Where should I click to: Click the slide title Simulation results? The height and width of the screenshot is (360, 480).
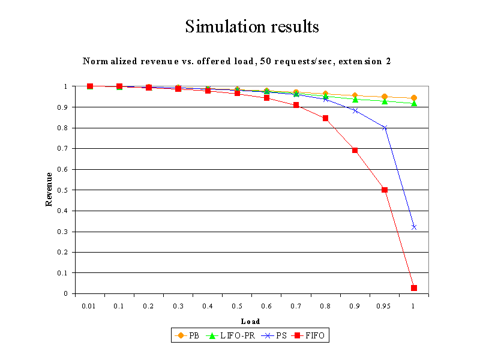(251, 27)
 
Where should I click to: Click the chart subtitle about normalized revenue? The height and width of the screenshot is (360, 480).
(237, 61)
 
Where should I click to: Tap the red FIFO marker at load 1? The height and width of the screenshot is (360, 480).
(414, 288)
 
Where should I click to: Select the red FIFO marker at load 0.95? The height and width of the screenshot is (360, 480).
(385, 190)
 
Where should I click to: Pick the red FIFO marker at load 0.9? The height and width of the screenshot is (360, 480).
(355, 150)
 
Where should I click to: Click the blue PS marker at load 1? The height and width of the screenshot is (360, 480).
(414, 227)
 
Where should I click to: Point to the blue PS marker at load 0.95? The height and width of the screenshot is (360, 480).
(385, 128)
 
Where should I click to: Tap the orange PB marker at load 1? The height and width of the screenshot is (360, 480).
(414, 98)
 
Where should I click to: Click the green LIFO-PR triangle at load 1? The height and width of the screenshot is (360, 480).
(414, 103)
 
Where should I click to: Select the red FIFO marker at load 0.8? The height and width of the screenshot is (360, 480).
(326, 118)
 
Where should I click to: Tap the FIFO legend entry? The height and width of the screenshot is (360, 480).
(310, 335)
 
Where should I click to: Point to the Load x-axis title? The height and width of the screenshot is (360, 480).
(250, 322)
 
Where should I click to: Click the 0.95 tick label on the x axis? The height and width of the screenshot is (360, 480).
(384, 306)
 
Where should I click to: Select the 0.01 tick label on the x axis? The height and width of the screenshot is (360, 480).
(89, 306)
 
